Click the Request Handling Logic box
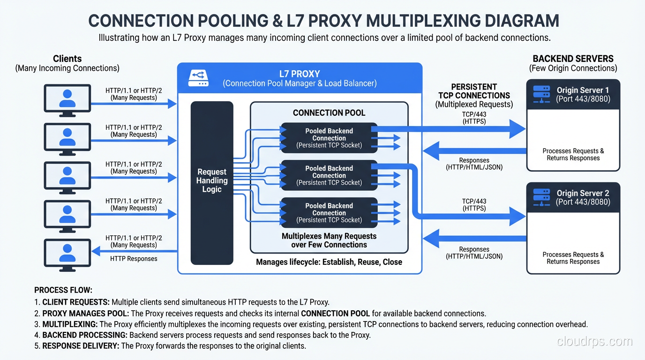212,183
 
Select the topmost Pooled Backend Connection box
329,138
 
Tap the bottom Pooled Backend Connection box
329,212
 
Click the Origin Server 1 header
573,94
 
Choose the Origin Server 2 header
573,197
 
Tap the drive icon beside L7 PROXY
198,78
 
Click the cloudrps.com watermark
594,341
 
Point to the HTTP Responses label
134,259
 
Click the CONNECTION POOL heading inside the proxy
329,113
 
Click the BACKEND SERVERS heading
573,59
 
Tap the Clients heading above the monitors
67,59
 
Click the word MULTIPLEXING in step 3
70,324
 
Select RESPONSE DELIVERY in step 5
81,346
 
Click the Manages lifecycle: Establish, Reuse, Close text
329,262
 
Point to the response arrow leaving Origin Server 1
473,151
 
